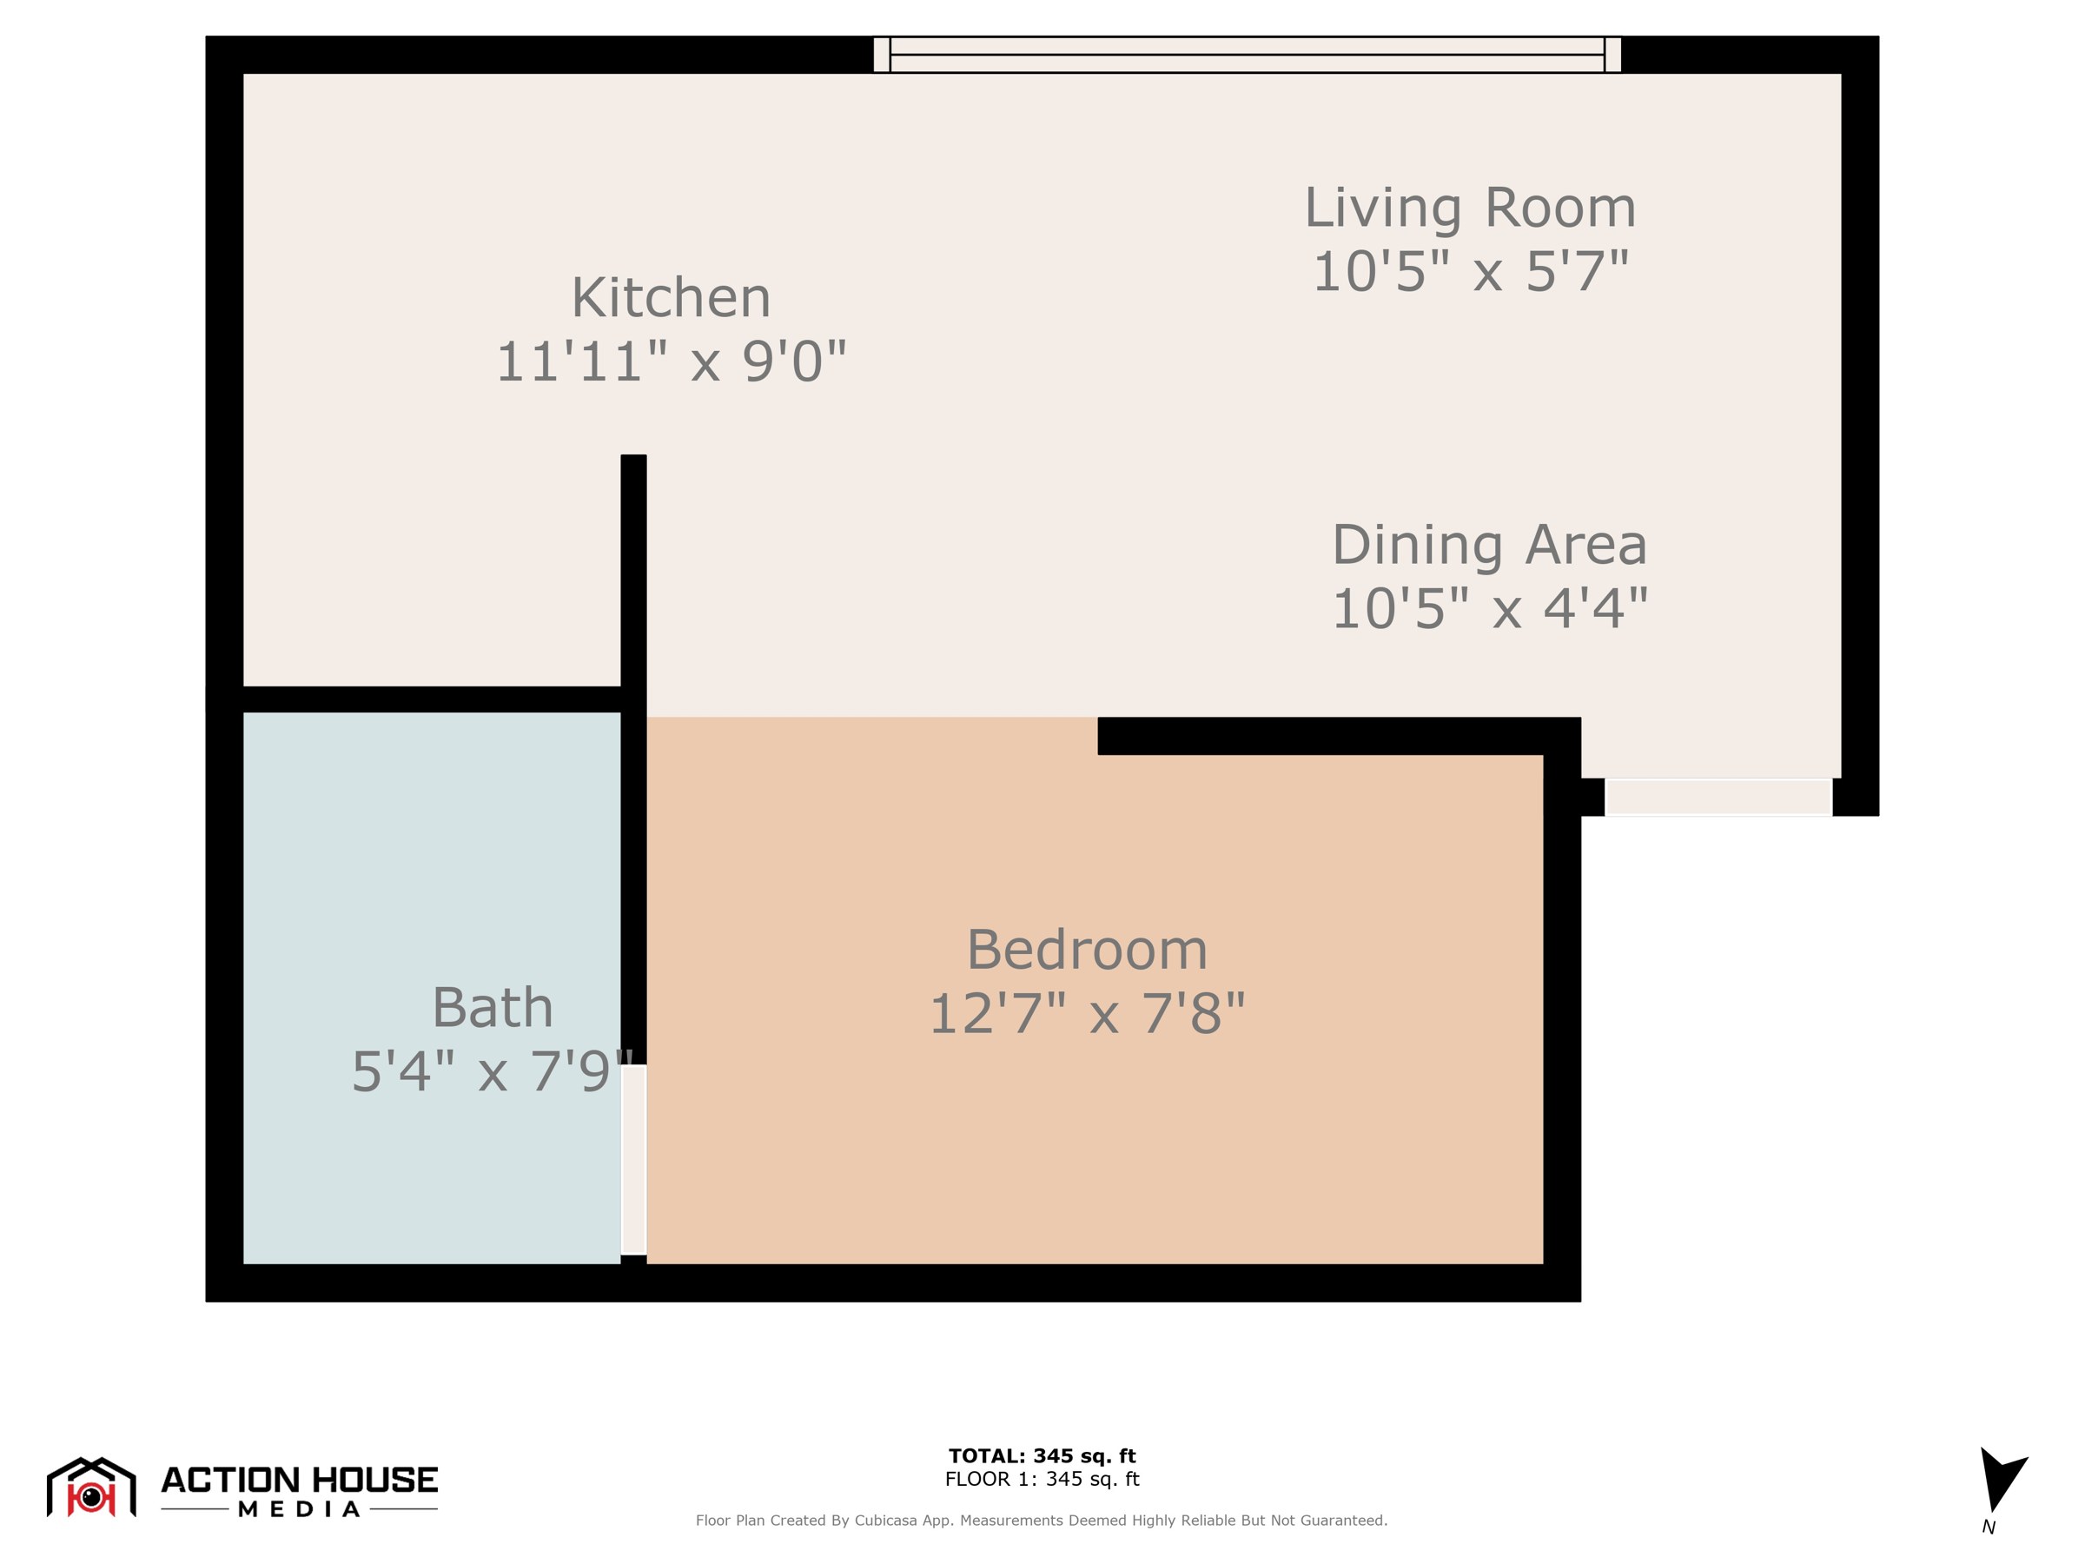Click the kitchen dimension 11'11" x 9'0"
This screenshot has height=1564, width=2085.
[x=672, y=361]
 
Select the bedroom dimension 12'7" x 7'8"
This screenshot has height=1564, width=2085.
[x=1087, y=1013]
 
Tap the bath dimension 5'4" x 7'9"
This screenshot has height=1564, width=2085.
[x=492, y=1071]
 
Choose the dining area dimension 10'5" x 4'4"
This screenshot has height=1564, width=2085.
[x=1489, y=608]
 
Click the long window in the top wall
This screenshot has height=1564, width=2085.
[x=1247, y=55]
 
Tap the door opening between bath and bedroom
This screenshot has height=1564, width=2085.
[x=633, y=1160]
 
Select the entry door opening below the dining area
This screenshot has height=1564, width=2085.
[x=1718, y=797]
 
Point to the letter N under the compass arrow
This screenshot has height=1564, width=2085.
[x=1988, y=1528]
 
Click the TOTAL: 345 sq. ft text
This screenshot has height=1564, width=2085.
[x=1042, y=1455]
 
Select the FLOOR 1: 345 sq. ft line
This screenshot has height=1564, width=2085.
[x=1042, y=1479]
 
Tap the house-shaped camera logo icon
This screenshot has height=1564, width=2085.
[x=91, y=1488]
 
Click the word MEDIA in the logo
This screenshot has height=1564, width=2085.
[x=299, y=1509]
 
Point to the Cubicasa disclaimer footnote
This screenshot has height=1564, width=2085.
[x=1042, y=1521]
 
